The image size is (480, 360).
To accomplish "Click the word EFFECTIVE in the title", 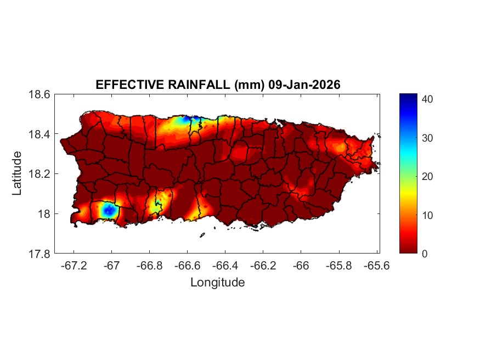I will pyautogui.click(x=122, y=85).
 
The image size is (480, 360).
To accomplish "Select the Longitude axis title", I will pyautogui.click(x=217, y=283).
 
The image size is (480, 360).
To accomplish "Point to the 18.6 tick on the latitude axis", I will pyautogui.click(x=39, y=94).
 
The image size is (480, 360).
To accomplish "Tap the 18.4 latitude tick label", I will pyautogui.click(x=39, y=134).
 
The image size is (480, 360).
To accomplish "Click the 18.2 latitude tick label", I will pyautogui.click(x=39, y=174).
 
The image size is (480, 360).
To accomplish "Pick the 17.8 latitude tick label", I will pyautogui.click(x=39, y=254).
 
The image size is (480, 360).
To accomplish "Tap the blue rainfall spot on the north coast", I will pyautogui.click(x=188, y=119).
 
